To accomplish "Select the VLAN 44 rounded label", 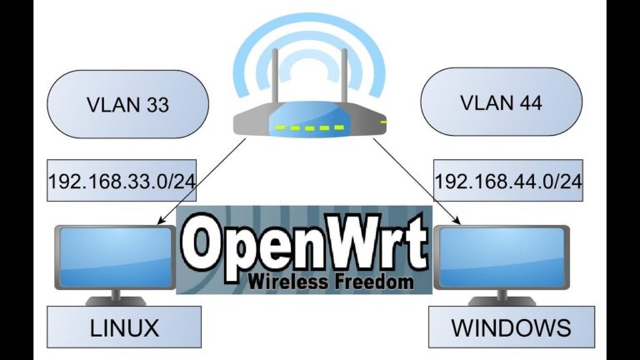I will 501,103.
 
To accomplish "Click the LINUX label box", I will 124,327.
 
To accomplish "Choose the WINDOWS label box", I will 512,327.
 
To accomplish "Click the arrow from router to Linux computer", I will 201,182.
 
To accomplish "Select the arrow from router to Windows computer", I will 417,182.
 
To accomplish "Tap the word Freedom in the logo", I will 372,282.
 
